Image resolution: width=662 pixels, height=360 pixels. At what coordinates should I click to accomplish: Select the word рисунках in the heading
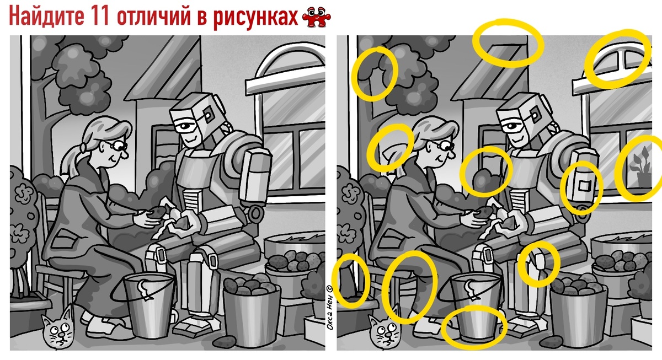[255, 18]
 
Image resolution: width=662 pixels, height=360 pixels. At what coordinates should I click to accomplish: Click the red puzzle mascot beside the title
[317, 18]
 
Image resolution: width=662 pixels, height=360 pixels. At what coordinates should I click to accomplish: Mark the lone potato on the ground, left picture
[225, 342]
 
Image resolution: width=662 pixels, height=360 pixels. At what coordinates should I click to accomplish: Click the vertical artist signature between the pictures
[330, 308]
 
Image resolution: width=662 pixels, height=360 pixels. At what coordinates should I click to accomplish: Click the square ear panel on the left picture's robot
[208, 115]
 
